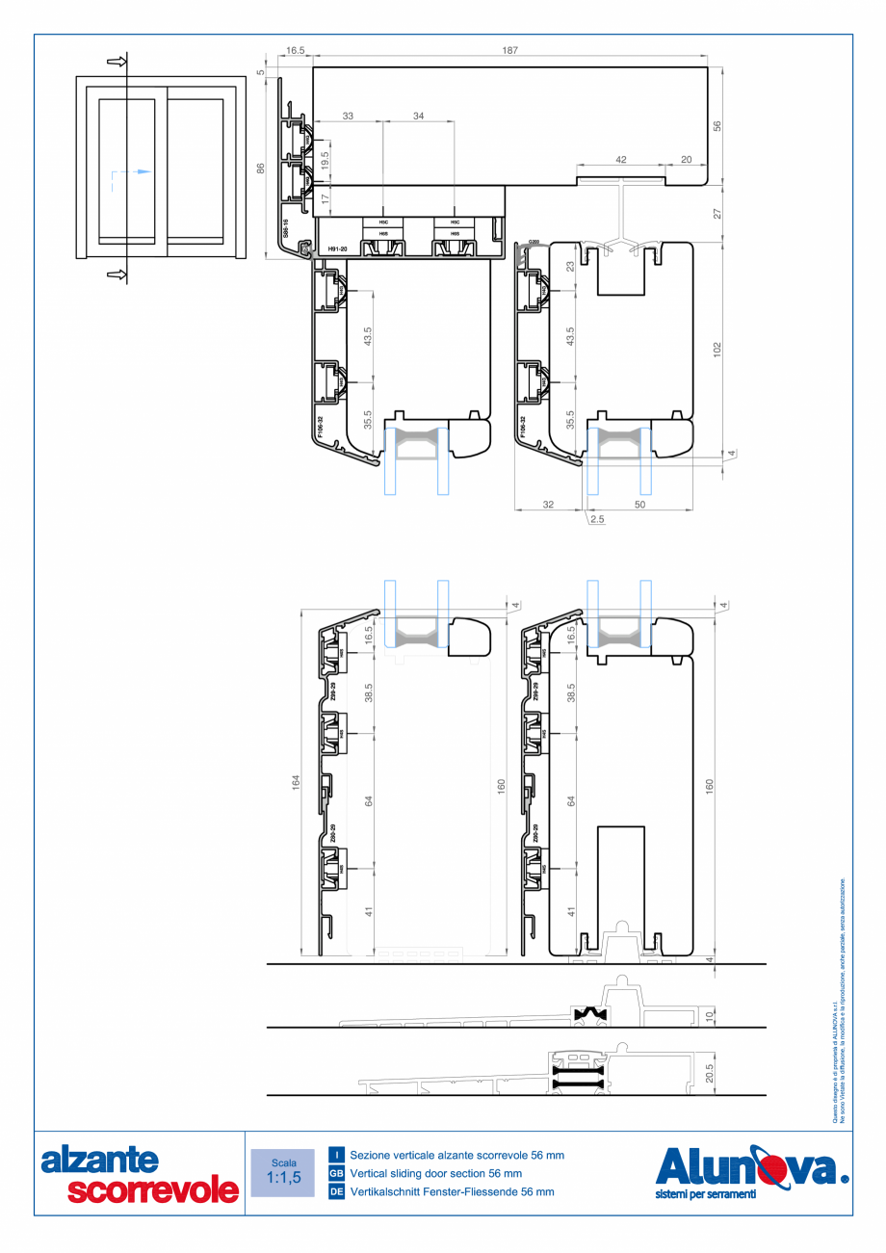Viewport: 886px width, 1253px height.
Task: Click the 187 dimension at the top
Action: (x=509, y=49)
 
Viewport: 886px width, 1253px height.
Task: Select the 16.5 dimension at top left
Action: (x=295, y=49)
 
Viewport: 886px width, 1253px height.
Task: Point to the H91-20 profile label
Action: (x=337, y=249)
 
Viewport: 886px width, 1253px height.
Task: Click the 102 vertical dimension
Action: (x=716, y=348)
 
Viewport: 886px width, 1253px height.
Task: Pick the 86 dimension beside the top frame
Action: (x=261, y=168)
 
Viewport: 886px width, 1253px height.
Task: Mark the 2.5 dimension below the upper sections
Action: (x=597, y=519)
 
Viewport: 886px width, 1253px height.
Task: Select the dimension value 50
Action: (x=640, y=504)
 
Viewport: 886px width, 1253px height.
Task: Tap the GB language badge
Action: (x=337, y=1173)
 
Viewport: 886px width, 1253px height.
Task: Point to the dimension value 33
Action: (x=348, y=116)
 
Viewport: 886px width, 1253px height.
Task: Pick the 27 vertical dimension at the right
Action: (x=716, y=213)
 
